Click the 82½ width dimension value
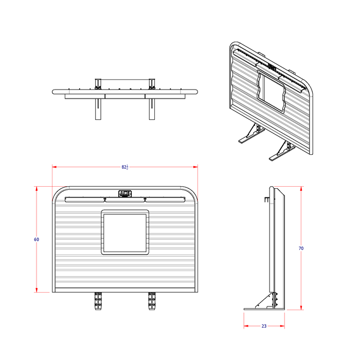(125, 167)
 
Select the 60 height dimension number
(37, 240)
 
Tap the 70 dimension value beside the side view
(301, 248)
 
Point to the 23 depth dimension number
(264, 326)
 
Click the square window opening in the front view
(125, 232)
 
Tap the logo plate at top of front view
(125, 194)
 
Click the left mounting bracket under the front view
(98, 300)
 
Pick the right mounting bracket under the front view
(152, 300)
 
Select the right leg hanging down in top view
(152, 108)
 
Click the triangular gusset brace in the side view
(267, 301)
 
